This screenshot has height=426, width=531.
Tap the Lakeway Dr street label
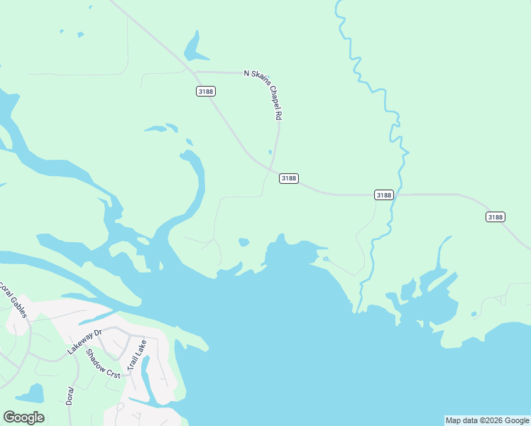pyautogui.click(x=85, y=342)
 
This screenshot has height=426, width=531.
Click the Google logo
pyautogui.click(x=23, y=417)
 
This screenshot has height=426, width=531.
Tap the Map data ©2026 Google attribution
pyautogui.click(x=487, y=420)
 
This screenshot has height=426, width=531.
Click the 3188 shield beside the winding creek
pyautogui.click(x=383, y=195)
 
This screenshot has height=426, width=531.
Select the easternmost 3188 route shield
pyautogui.click(x=496, y=217)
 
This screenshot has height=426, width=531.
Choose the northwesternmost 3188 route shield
pyautogui.click(x=205, y=91)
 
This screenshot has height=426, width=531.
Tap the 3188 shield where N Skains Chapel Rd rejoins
pyautogui.click(x=288, y=178)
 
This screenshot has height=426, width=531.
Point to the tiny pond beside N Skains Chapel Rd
pyautogui.click(x=270, y=151)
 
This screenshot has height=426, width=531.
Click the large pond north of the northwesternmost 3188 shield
pyautogui.click(x=194, y=49)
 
